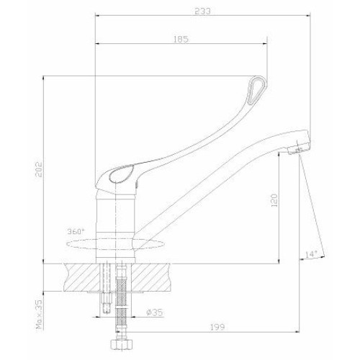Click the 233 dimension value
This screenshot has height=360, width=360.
point(202,12)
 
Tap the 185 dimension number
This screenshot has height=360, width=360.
point(181,40)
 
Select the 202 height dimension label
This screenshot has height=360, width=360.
point(39,169)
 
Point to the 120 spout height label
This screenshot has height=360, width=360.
point(274,200)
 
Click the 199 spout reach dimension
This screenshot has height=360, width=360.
point(217,327)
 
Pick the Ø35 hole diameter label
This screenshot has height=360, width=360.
point(155,312)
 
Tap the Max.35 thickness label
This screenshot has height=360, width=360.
point(39,314)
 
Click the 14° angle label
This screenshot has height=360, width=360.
point(311,254)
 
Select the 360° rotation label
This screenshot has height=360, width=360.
point(76,232)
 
